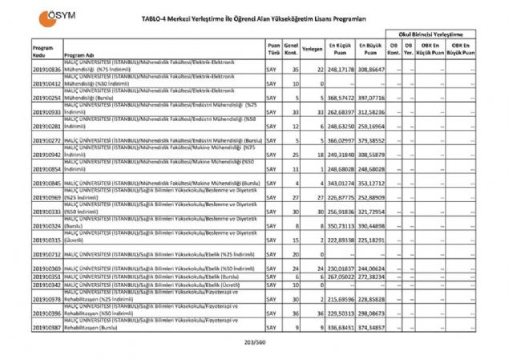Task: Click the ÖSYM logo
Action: (x=50, y=18)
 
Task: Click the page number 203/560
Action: (x=253, y=342)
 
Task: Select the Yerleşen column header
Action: (x=313, y=48)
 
